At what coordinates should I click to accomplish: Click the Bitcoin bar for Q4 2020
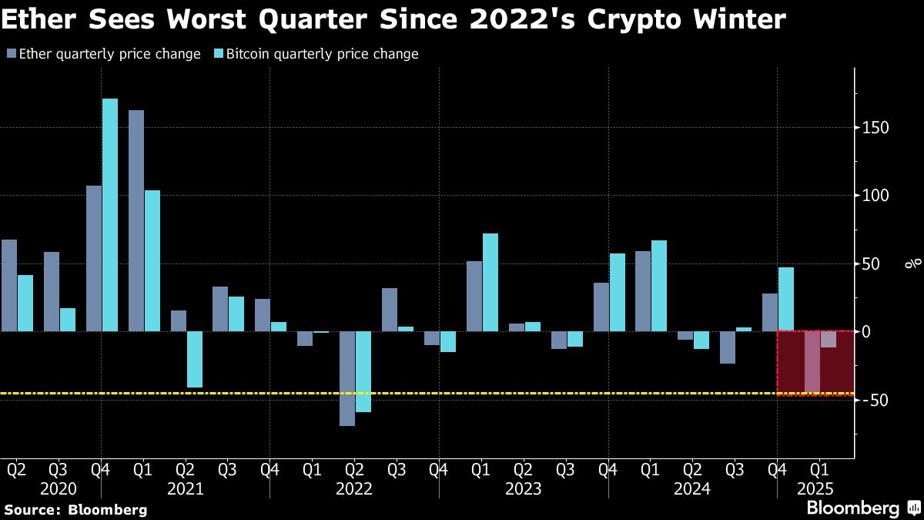tap(110, 215)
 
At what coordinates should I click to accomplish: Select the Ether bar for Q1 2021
tap(136, 221)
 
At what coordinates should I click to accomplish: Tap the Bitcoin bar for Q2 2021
tap(195, 359)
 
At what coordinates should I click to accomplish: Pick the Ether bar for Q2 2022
tap(347, 378)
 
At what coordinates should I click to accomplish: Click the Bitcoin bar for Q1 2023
tap(490, 283)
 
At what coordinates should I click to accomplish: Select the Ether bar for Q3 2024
tap(728, 347)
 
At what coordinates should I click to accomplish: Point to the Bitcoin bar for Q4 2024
tap(785, 300)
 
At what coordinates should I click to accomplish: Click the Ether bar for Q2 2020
tap(9, 286)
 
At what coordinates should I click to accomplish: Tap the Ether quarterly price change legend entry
tap(103, 54)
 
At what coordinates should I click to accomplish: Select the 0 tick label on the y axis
tap(866, 332)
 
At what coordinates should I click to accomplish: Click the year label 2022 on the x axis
tap(354, 488)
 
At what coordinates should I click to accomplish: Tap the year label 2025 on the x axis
tap(816, 488)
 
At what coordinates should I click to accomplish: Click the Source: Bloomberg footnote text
tap(75, 509)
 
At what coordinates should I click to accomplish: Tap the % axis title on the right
tap(913, 264)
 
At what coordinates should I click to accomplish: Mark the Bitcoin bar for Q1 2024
tap(659, 286)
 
